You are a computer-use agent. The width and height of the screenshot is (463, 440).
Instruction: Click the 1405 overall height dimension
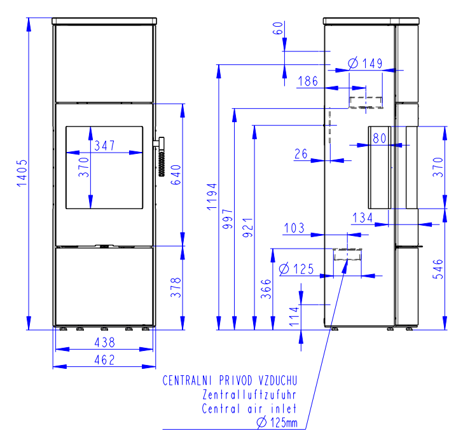coord(22,173)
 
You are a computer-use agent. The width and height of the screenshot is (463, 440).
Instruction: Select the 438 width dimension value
coord(104,343)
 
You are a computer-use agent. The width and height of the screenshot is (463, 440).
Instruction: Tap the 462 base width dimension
coord(104,360)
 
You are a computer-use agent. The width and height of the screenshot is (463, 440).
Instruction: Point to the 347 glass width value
coord(104,146)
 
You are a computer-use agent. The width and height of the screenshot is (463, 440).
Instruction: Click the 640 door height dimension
coord(176,175)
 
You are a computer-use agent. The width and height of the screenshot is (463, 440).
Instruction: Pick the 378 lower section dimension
coord(176,287)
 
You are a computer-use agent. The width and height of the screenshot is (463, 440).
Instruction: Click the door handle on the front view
coord(160,156)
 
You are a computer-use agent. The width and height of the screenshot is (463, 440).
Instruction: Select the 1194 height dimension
coord(212,196)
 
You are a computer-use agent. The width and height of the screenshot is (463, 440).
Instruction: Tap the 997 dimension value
coord(228,219)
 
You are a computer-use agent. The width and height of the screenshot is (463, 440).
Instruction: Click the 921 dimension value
coord(248,228)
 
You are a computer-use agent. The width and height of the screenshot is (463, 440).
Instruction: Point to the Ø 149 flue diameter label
coord(365,63)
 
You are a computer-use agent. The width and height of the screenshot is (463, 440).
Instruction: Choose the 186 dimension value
coord(308,81)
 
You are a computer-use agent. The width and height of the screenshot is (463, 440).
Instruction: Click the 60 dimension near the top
coord(278,28)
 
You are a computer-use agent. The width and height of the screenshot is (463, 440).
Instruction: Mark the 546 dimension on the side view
coord(438,269)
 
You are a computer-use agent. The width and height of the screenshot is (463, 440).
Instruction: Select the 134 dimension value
coord(363,218)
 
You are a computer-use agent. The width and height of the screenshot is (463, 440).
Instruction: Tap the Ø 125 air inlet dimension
coord(296,269)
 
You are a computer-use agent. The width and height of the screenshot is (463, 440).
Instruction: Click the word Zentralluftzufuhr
coord(249,394)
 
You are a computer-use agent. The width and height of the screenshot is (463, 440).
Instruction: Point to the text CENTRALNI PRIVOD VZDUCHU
coord(230,380)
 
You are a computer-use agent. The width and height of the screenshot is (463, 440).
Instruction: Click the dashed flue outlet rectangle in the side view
coord(366,102)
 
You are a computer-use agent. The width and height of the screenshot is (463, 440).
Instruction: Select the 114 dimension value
coord(294,316)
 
